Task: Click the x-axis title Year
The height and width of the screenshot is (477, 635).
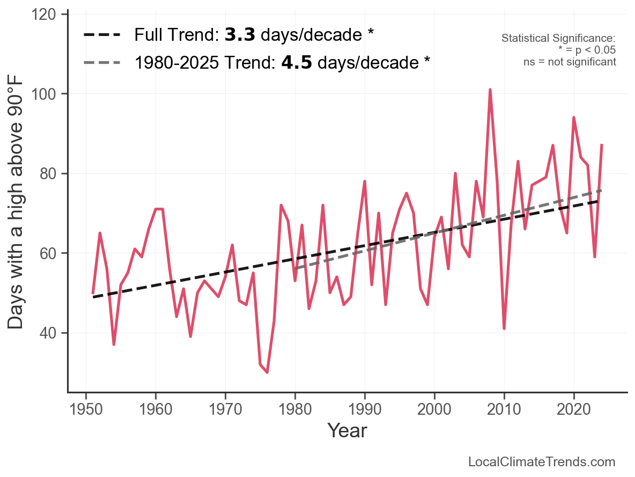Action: tap(347, 430)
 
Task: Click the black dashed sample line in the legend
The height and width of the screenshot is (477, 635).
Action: tap(102, 35)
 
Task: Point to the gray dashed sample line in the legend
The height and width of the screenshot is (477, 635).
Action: tap(102, 63)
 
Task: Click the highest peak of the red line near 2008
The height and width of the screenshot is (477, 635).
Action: tap(490, 90)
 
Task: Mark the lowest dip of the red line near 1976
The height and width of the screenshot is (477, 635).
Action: tap(267, 372)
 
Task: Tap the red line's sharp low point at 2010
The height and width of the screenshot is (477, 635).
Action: tap(504, 328)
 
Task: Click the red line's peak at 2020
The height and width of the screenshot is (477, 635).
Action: tap(574, 118)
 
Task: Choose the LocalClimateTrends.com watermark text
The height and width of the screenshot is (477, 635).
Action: tap(542, 462)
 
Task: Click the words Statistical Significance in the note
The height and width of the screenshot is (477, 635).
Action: tap(558, 39)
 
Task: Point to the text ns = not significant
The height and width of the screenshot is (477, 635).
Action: tap(570, 62)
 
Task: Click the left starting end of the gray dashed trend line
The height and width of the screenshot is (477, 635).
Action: tap(296, 268)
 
